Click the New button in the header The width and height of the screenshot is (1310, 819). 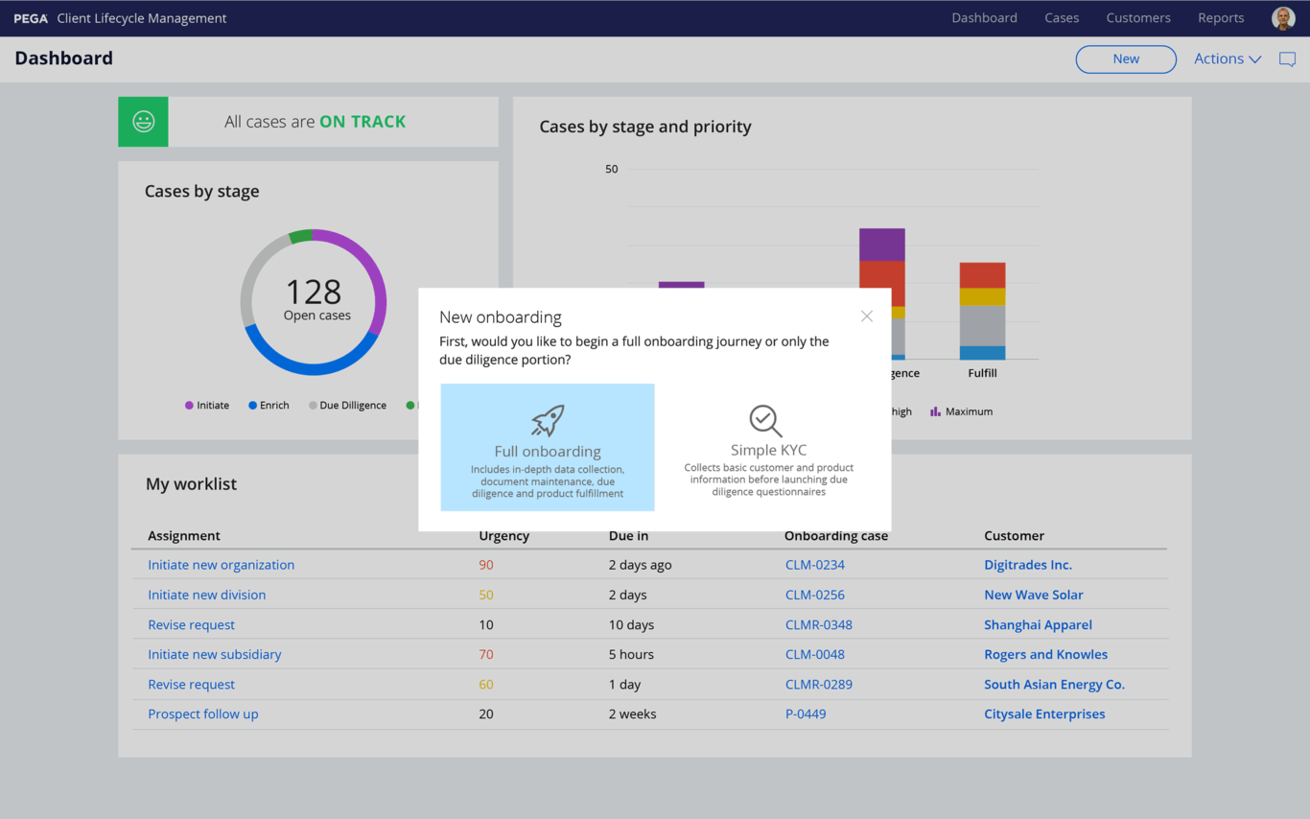click(x=1126, y=59)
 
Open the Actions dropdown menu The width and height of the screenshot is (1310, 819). click(x=1227, y=59)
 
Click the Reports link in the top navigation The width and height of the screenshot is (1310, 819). click(x=1220, y=18)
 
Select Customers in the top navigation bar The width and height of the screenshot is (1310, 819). click(x=1137, y=18)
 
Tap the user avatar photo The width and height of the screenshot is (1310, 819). click(x=1282, y=18)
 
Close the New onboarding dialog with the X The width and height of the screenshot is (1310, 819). click(x=866, y=316)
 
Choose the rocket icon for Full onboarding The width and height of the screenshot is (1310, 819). click(x=548, y=420)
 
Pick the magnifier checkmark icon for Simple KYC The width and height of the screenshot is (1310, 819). click(x=765, y=420)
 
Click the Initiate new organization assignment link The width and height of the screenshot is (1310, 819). click(x=221, y=565)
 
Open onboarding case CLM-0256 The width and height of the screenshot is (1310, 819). click(x=814, y=595)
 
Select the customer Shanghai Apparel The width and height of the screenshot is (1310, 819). click(x=1038, y=624)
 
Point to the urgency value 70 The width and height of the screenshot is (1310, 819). click(x=486, y=654)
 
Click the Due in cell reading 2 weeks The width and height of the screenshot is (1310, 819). click(x=632, y=714)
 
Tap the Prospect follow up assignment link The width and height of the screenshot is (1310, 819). click(x=202, y=714)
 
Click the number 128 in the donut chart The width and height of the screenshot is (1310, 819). click(x=314, y=292)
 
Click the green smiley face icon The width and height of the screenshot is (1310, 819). click(x=143, y=122)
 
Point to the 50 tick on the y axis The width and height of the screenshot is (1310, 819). click(x=611, y=169)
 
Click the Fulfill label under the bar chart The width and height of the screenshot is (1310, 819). click(x=982, y=373)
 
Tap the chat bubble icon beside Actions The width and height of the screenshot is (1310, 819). click(x=1287, y=59)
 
